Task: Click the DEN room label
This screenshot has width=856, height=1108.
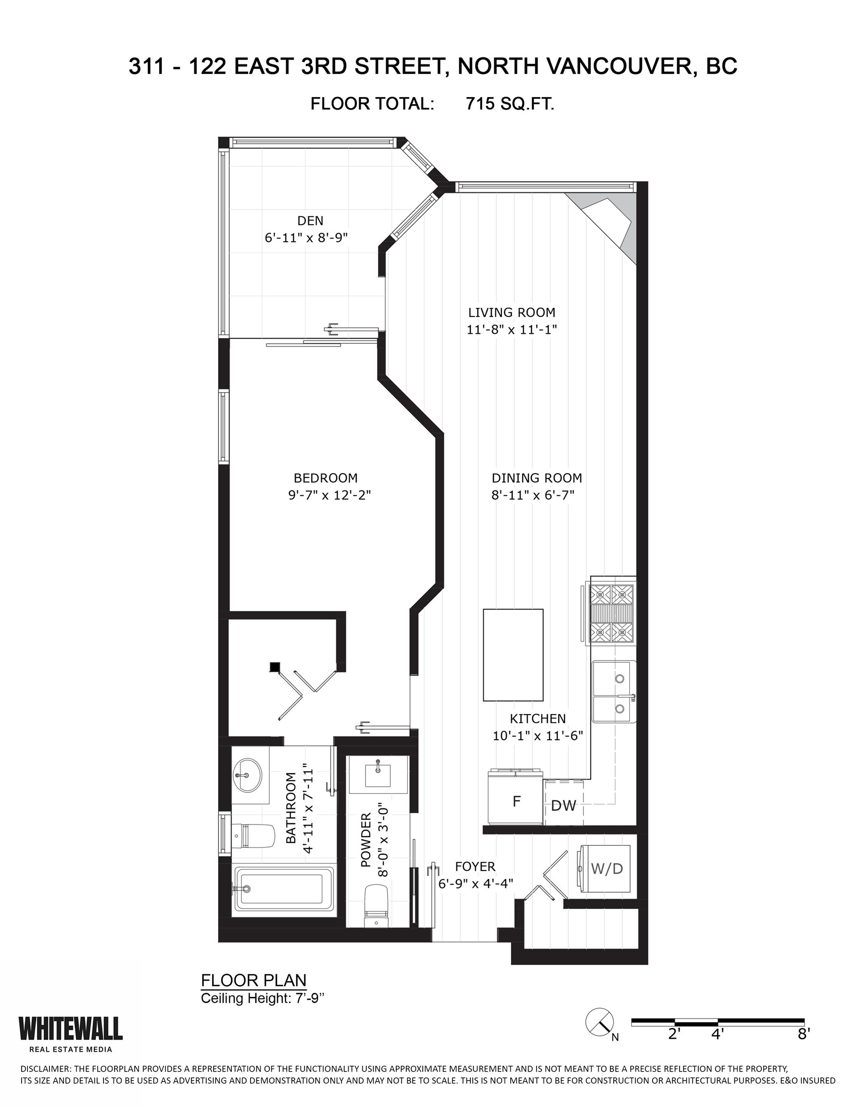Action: point(310,221)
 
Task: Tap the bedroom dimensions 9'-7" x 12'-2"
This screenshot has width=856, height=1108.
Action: point(329,495)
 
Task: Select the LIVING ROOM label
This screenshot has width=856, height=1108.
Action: point(512,313)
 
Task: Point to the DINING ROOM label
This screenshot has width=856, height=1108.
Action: point(536,478)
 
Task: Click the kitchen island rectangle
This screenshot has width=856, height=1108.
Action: point(513,655)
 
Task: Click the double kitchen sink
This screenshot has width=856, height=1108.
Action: point(614,691)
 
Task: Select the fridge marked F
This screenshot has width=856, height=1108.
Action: point(516,802)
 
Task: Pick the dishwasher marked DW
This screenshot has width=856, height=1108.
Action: point(563,805)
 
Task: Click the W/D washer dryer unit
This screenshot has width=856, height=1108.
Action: point(605,869)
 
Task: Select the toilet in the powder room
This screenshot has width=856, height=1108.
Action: point(377,907)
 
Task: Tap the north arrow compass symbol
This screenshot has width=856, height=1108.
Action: point(600,1022)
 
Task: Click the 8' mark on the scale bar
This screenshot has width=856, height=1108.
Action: point(803,1034)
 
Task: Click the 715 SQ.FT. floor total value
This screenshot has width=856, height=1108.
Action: point(509,104)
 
